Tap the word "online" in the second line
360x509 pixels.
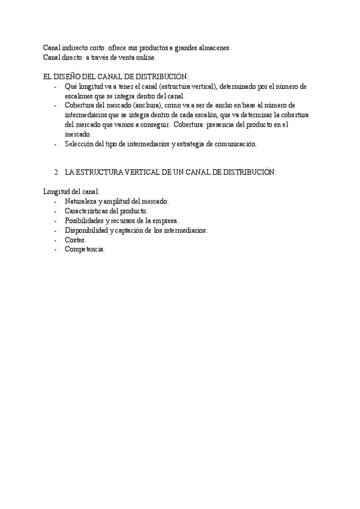click(x=145, y=58)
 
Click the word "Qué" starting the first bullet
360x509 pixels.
click(x=71, y=86)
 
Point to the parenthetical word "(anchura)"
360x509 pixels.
click(x=144, y=106)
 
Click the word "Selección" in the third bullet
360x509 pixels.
click(x=80, y=144)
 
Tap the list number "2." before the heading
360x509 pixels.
click(x=57, y=172)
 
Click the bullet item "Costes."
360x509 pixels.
click(x=76, y=239)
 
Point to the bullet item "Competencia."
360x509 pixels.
click(x=85, y=249)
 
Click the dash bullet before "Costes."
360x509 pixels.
click(x=56, y=239)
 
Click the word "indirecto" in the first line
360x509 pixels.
click(x=76, y=48)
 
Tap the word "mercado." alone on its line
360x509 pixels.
click(x=78, y=134)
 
